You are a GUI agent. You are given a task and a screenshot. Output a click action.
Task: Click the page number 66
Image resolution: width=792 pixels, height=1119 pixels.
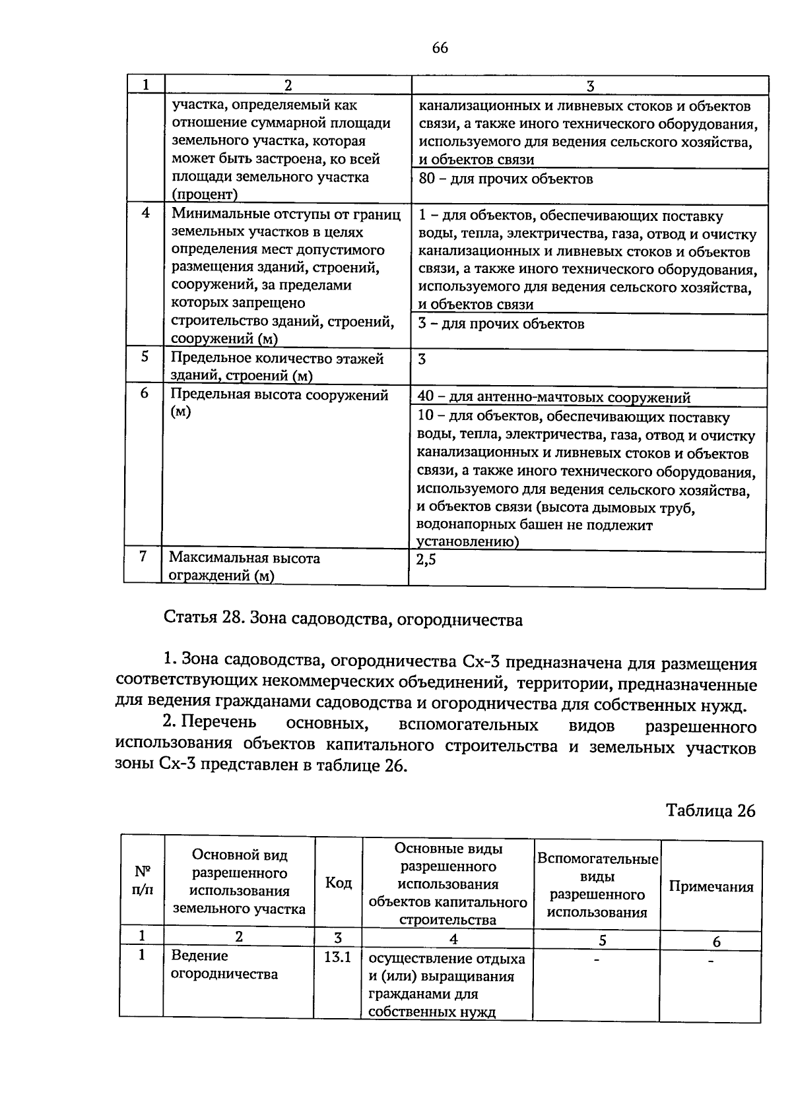coord(440,47)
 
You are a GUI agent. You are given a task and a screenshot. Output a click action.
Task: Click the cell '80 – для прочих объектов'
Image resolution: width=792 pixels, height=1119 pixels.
coord(506,179)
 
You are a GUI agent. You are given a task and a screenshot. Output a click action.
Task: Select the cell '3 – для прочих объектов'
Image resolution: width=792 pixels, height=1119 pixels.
coord(501,324)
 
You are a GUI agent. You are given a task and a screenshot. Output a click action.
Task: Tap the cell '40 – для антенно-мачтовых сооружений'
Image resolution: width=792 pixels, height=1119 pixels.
coord(554,398)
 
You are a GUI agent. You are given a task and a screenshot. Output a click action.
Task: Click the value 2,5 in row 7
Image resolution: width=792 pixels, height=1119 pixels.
coord(426,560)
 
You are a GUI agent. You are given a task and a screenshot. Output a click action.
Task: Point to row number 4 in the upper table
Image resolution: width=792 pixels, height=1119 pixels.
coord(145,213)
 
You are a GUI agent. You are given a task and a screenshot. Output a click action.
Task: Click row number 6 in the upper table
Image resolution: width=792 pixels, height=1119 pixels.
coord(145,394)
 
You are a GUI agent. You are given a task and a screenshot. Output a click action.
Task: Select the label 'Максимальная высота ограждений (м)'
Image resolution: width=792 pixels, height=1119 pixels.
coord(244,566)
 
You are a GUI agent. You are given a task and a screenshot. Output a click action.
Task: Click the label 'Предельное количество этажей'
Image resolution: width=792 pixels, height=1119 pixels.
coord(277,359)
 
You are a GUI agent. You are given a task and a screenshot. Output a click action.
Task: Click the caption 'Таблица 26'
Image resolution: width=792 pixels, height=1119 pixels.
coord(710,810)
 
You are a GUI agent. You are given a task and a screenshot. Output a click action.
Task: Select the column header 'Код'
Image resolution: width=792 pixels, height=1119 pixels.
coord(339,882)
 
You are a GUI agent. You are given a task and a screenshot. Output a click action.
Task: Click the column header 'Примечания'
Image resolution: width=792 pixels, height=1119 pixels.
coord(711,887)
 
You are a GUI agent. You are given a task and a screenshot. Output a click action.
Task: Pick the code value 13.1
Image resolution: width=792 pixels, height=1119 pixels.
coord(338,957)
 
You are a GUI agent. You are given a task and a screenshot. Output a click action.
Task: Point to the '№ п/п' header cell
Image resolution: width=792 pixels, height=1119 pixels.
coord(142,880)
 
